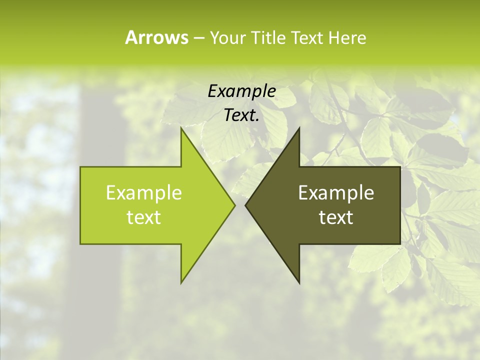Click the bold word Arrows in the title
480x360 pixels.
[x=156, y=37]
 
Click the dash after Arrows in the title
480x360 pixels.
[x=198, y=38]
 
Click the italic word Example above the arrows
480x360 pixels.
[x=241, y=91]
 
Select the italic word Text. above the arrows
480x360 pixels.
[x=241, y=115]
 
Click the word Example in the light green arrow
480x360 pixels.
[x=144, y=192]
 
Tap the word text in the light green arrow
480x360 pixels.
[x=144, y=217]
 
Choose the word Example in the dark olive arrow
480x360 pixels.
[x=336, y=192]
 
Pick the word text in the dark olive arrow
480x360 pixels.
[x=336, y=217]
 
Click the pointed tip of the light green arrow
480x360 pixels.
[x=235, y=205]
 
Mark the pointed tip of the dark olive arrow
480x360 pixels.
[x=245, y=205]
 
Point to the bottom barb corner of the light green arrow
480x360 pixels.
[x=181, y=282]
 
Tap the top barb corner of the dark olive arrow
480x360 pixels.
[x=299, y=128]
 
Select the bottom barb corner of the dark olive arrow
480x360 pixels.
[x=299, y=282]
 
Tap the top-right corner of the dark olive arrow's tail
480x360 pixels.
[x=399, y=167]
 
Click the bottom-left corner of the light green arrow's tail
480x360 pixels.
[x=81, y=243]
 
